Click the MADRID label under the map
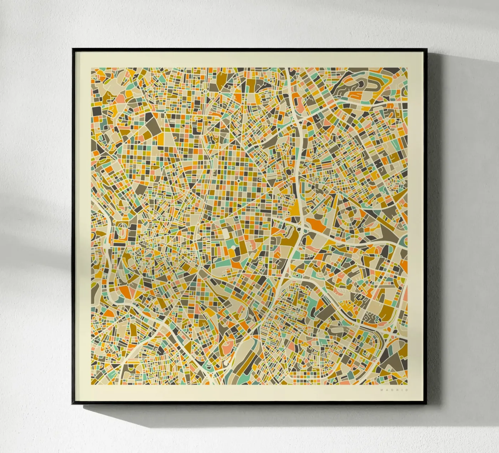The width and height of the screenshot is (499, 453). (x=394, y=390)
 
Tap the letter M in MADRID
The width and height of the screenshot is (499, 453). (x=382, y=390)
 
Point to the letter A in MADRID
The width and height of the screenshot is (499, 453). (x=387, y=390)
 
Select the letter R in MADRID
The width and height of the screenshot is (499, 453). (x=397, y=390)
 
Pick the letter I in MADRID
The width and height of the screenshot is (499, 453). (x=402, y=390)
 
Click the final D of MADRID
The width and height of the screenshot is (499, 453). (x=407, y=390)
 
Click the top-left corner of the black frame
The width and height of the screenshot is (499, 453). (x=73, y=49)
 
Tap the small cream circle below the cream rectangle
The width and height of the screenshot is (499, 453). (x=233, y=247)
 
